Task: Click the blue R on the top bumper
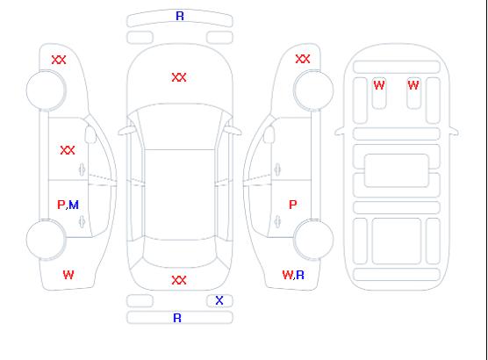[x=180, y=16]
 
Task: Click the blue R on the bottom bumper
[x=177, y=318]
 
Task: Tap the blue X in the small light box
[x=219, y=300]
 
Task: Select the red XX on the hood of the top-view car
[x=179, y=77]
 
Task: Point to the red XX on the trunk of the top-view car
[x=179, y=280]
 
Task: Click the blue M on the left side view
[x=74, y=205]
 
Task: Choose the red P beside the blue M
[x=61, y=205]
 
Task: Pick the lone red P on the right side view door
[x=293, y=205]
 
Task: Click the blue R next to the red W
[x=300, y=275]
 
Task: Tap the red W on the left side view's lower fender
[x=68, y=275]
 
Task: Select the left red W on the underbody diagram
[x=379, y=85]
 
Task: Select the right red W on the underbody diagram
[x=413, y=85]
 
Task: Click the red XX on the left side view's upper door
[x=68, y=150]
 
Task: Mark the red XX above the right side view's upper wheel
[x=303, y=59]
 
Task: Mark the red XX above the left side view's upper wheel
[x=59, y=60]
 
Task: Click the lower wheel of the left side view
[x=46, y=240]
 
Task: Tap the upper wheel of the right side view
[x=313, y=90]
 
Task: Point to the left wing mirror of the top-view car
[x=126, y=132]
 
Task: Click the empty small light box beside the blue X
[x=140, y=301]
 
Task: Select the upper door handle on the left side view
[x=83, y=169]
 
